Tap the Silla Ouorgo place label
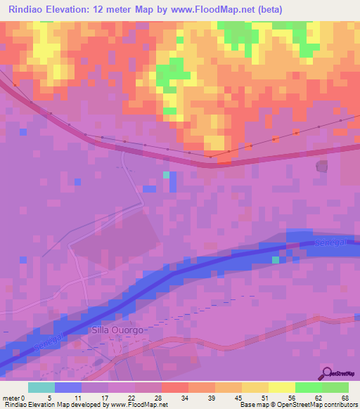click(x=117, y=330)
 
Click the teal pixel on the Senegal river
click(x=276, y=260)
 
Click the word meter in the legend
click(x=13, y=397)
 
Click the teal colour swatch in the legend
click(x=41, y=387)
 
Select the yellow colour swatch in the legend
click(x=281, y=387)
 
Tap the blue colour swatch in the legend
click(x=67, y=387)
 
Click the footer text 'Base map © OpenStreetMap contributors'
click(x=298, y=405)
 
